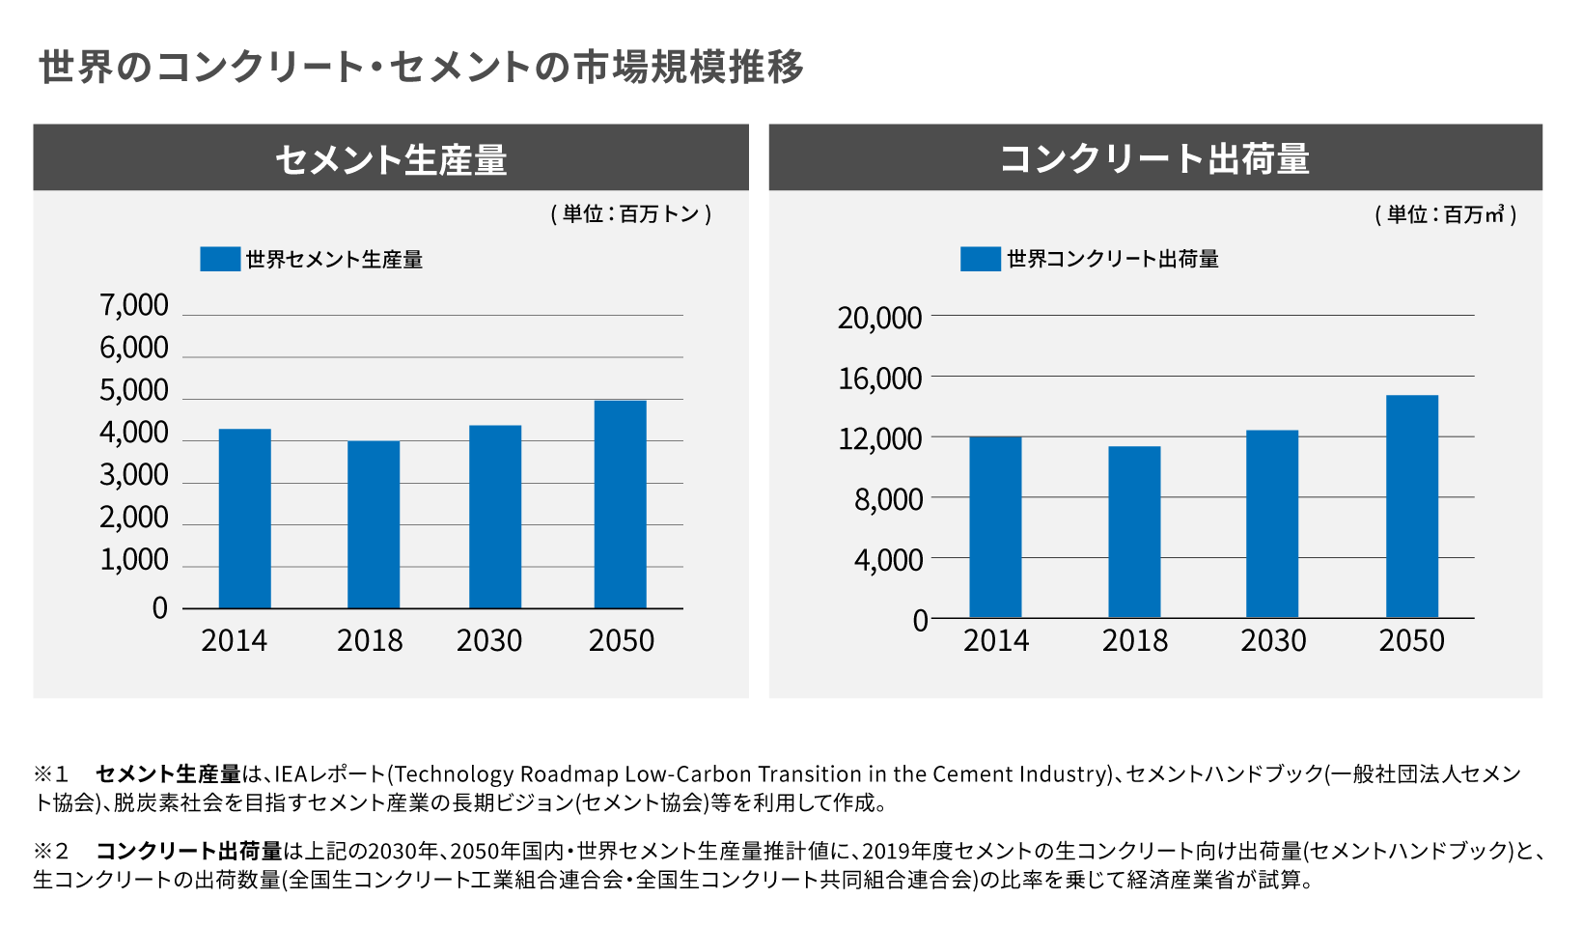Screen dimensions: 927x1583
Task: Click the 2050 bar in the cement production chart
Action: [x=620, y=504]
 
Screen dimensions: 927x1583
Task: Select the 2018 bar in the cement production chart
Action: [x=374, y=524]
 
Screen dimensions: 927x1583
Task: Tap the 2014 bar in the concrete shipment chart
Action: [x=995, y=527]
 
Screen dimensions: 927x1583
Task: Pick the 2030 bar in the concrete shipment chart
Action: [x=1272, y=523]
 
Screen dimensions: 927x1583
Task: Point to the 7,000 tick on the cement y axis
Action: [x=134, y=305]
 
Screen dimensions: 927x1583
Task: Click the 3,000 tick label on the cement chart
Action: [x=134, y=475]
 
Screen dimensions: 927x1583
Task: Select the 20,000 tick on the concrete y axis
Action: [x=879, y=318]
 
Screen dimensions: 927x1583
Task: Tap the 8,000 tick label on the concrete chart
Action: [x=888, y=499]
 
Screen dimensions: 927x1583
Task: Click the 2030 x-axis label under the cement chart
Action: [x=489, y=640]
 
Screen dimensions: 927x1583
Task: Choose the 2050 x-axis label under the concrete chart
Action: [x=1411, y=640]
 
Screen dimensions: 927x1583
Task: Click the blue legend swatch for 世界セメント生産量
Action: [x=220, y=259]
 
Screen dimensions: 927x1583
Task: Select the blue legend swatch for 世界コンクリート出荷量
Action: [x=980, y=259]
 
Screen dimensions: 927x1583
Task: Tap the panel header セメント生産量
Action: [x=391, y=158]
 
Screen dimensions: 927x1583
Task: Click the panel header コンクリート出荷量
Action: [x=1154, y=158]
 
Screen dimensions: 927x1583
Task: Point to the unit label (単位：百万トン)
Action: [x=631, y=214]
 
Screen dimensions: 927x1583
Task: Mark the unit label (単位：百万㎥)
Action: [x=1445, y=214]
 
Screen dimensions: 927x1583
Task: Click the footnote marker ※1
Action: [x=52, y=774]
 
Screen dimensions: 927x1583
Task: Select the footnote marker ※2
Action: [x=52, y=851]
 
